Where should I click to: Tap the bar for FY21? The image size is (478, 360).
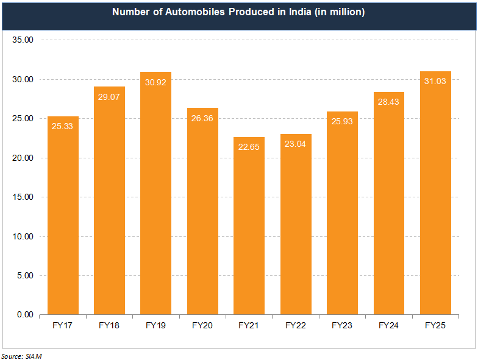tap(249, 225)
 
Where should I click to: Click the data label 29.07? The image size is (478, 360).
tap(109, 97)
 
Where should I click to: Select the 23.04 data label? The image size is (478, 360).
tap(296, 144)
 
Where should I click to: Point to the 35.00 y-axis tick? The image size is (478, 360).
tap(22, 40)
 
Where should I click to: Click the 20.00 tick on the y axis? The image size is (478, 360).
tap(22, 158)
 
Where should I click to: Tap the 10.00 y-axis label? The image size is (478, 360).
tap(22, 236)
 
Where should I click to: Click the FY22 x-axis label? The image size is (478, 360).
tap(296, 326)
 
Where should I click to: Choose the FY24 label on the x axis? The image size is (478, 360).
tap(389, 326)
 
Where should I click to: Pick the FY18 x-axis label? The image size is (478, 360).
tap(109, 326)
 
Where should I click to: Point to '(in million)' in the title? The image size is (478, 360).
tap(340, 12)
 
